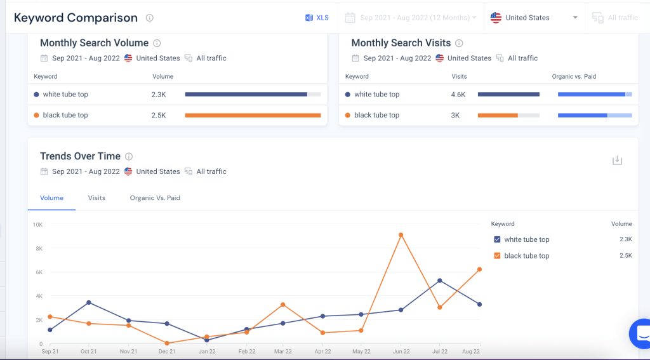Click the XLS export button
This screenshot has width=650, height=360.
pos(317,18)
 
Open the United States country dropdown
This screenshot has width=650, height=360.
pos(534,18)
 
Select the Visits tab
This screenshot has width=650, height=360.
pos(96,198)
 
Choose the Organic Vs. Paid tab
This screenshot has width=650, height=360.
pos(155,198)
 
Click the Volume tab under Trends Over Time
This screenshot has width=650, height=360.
pos(51,198)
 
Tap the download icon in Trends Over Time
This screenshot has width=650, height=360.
pos(617,161)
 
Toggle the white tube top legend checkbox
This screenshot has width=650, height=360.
pos(497,239)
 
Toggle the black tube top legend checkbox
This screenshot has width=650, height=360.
pos(497,256)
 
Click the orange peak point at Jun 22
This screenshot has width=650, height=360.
pos(401,235)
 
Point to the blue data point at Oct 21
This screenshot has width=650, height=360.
pos(89,302)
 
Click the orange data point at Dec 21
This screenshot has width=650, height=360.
pos(167,343)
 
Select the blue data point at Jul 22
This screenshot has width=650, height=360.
pos(439,281)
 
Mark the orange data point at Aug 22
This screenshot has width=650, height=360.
pos(479,269)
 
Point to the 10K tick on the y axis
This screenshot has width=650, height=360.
pos(37,225)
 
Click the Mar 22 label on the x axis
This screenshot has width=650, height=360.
pos(284,351)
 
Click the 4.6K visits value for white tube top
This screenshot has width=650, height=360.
pos(458,95)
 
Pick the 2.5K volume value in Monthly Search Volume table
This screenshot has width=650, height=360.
pos(159,116)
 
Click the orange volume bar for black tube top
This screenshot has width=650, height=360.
pos(253,116)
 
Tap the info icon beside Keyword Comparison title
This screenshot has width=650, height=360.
pos(149,18)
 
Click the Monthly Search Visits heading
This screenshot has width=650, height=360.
pos(401,43)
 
